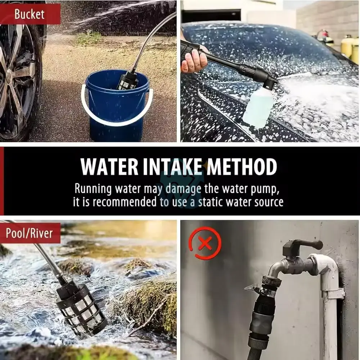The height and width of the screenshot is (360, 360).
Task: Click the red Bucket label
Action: pyautogui.click(x=30, y=14)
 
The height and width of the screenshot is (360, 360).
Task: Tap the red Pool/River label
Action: pyautogui.click(x=30, y=233)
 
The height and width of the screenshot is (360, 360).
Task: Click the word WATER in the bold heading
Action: pyautogui.click(x=109, y=167)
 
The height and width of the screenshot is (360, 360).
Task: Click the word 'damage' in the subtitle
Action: pyautogui.click(x=183, y=189)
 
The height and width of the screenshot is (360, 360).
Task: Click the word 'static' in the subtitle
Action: pyautogui.click(x=211, y=202)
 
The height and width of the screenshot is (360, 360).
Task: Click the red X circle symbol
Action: pyautogui.click(x=205, y=243)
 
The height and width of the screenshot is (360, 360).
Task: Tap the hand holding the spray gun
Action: pyautogui.click(x=194, y=60)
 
